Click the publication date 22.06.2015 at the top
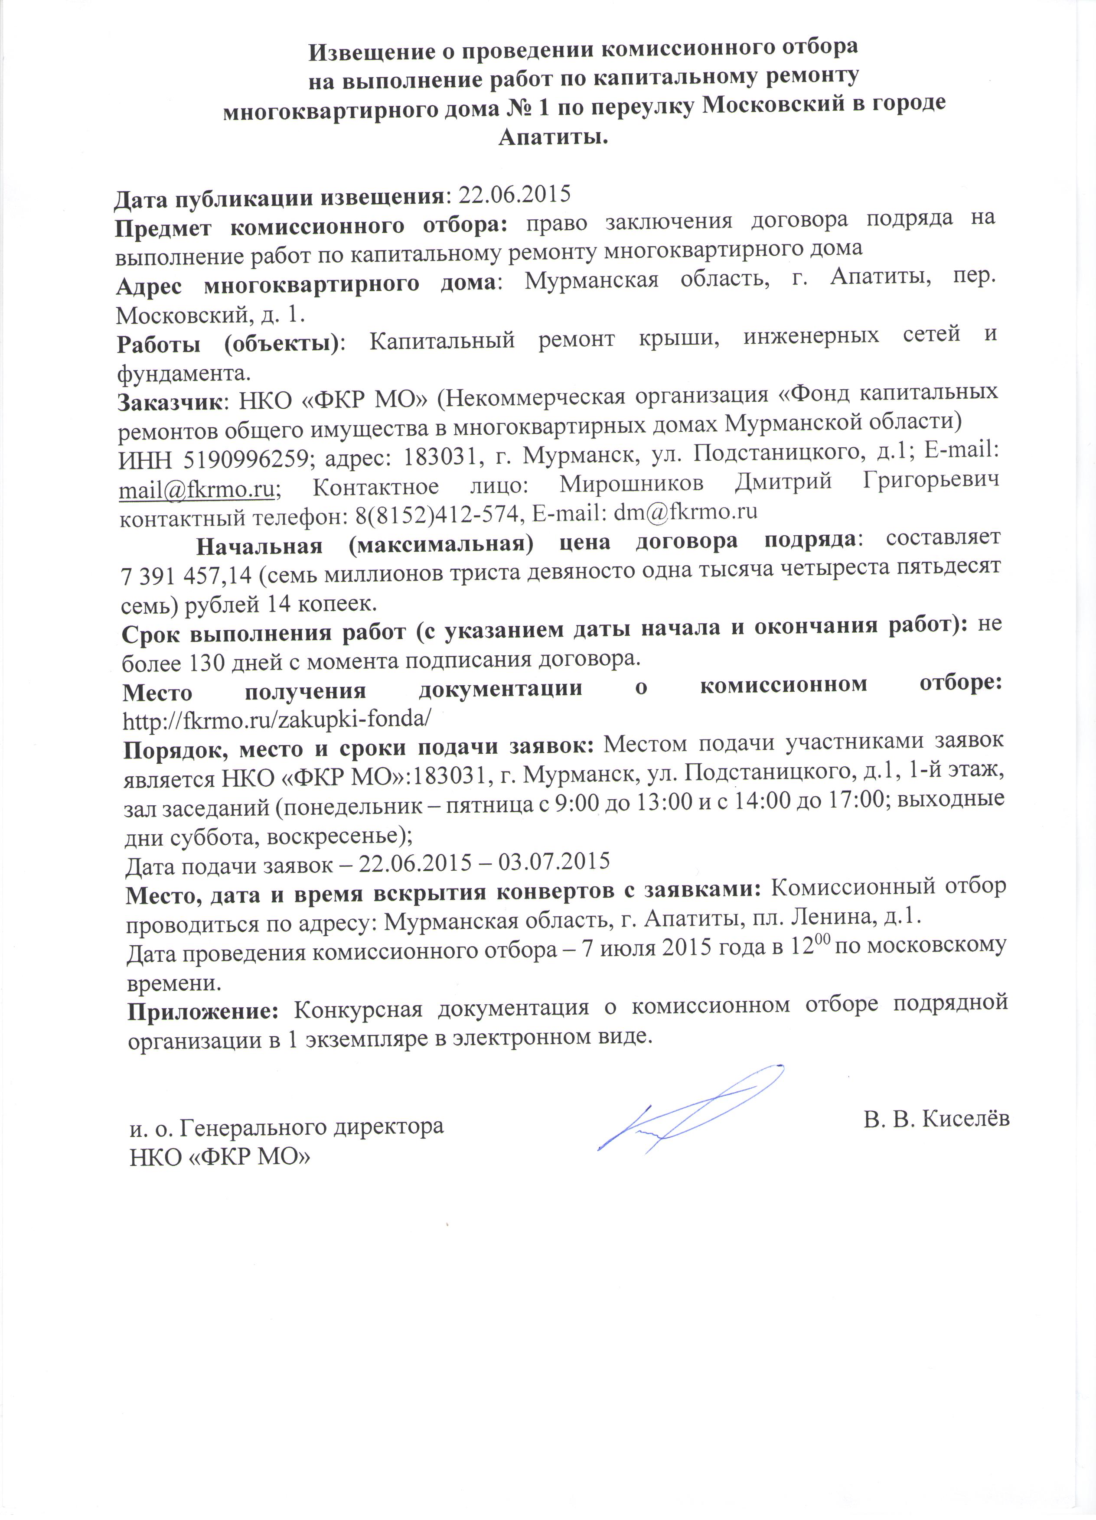click(513, 194)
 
